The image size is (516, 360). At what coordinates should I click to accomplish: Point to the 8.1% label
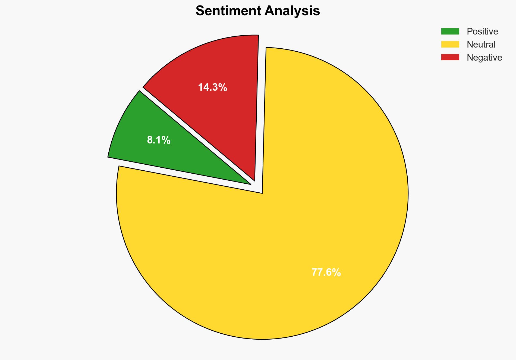tap(159, 140)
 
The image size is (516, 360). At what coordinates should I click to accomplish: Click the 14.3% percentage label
tap(212, 87)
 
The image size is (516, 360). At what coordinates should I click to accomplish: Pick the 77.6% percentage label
tap(326, 272)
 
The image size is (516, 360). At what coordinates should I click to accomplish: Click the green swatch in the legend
tap(450, 32)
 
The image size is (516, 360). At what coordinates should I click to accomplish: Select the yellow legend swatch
tap(450, 44)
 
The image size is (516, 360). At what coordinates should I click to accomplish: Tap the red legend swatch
tap(450, 57)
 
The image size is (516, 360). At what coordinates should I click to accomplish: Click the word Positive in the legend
tap(482, 32)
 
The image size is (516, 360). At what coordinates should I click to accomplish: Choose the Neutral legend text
tap(481, 45)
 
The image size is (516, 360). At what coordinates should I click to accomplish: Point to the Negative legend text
tap(484, 58)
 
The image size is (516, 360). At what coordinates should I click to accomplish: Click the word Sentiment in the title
tap(228, 11)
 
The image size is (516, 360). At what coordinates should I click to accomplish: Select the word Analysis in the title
tap(292, 11)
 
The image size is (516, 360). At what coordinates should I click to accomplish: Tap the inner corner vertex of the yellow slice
tap(262, 193)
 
